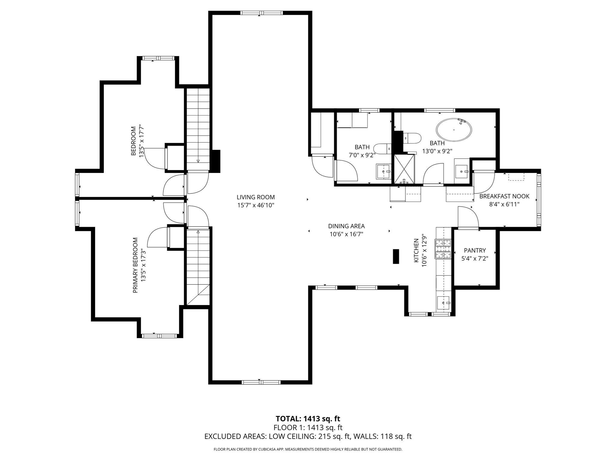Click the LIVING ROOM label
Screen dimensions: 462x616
pyautogui.click(x=255, y=197)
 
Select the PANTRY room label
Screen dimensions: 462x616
pyautogui.click(x=475, y=250)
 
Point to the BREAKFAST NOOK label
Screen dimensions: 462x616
pyautogui.click(x=504, y=196)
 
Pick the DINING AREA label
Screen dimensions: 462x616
pyautogui.click(x=346, y=226)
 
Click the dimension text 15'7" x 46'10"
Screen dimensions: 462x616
pyautogui.click(x=255, y=205)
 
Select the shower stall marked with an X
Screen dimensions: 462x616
pyautogui.click(x=404, y=169)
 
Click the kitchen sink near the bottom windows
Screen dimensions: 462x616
pyautogui.click(x=443, y=303)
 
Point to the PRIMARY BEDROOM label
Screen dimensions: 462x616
pyautogui.click(x=135, y=265)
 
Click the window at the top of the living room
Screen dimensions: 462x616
pyautogui.click(x=261, y=13)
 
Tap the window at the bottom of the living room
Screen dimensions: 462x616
pyautogui.click(x=261, y=382)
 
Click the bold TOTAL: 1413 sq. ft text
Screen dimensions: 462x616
pyautogui.click(x=308, y=419)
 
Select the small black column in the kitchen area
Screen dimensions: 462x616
pyautogui.click(x=396, y=257)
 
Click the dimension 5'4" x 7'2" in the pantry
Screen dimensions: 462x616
pyautogui.click(x=475, y=258)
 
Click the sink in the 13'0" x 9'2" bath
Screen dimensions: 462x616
pyautogui.click(x=462, y=171)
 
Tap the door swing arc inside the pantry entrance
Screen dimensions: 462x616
pyautogui.click(x=468, y=217)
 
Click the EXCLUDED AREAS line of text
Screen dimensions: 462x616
pyautogui.click(x=308, y=436)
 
